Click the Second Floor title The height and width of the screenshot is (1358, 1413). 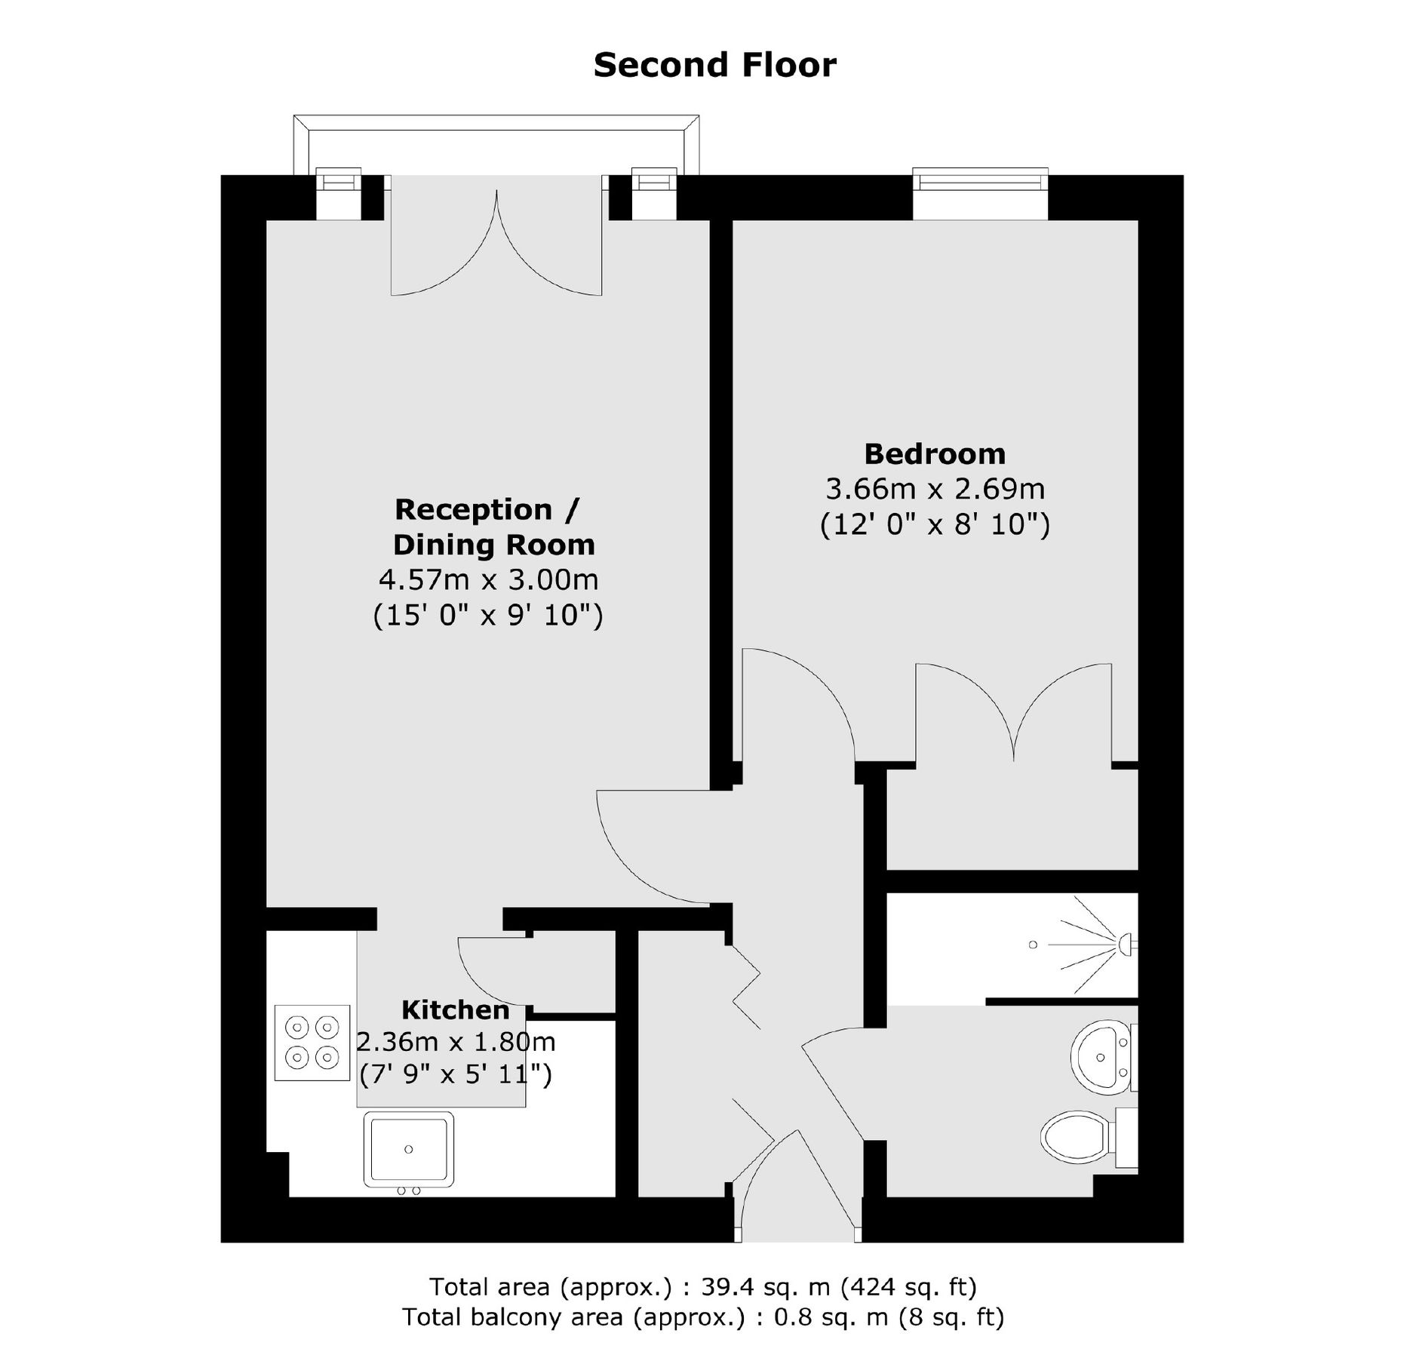(x=714, y=65)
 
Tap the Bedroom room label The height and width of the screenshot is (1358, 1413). (x=934, y=454)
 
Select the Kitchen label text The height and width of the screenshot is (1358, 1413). (x=455, y=1009)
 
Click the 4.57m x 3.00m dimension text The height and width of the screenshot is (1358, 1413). (x=488, y=579)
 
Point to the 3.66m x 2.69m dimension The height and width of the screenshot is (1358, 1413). (x=935, y=489)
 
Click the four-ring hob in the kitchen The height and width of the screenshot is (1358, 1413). (x=312, y=1043)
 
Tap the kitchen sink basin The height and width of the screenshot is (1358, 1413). (x=409, y=1149)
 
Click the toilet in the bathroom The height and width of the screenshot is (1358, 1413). (x=1079, y=1134)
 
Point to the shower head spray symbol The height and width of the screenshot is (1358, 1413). (x=1094, y=944)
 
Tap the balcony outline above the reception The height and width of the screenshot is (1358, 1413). (x=496, y=124)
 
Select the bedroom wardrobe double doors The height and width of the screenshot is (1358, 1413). (x=1013, y=713)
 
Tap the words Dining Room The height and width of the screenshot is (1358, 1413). (x=493, y=545)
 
